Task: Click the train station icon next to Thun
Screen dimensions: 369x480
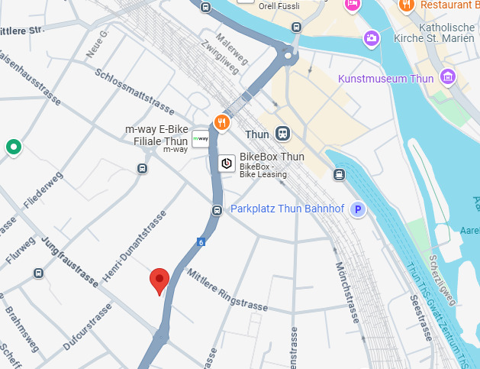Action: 283,134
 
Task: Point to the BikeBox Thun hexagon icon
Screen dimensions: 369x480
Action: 227,163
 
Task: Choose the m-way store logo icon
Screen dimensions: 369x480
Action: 200,138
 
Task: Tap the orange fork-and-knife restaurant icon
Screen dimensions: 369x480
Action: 221,121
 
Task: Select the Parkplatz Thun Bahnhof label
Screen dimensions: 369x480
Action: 288,209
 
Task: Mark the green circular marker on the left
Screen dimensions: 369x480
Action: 12,147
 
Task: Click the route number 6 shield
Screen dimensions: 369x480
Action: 201,242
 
